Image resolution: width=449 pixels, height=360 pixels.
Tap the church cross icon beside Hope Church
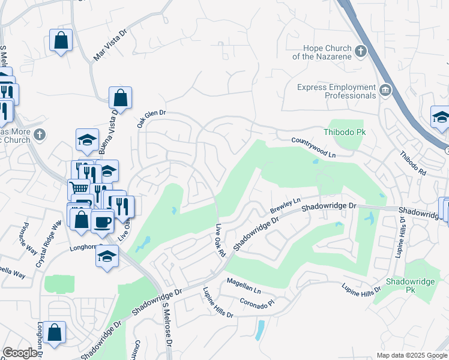click(x=361, y=51)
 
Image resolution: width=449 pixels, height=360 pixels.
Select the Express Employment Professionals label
click(x=336, y=91)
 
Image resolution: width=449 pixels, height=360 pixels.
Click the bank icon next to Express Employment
click(x=384, y=90)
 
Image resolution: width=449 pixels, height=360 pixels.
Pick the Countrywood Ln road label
click(x=313, y=147)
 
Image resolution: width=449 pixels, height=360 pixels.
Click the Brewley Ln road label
click(x=285, y=205)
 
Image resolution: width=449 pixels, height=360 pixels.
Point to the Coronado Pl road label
click(x=256, y=301)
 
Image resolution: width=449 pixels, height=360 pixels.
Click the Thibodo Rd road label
click(x=413, y=163)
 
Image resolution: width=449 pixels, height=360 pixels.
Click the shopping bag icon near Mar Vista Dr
click(x=61, y=41)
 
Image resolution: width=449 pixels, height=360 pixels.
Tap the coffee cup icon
click(x=102, y=221)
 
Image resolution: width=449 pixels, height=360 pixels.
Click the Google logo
click(x=20, y=353)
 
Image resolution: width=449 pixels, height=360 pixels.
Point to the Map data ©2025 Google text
click(x=412, y=355)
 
